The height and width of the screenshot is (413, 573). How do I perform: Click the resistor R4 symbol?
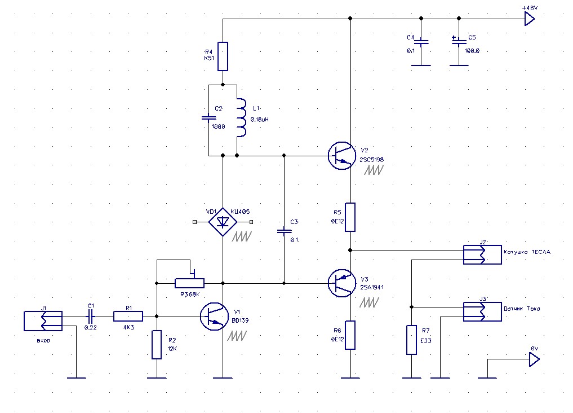223,56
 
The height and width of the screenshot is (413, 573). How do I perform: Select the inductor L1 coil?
241,118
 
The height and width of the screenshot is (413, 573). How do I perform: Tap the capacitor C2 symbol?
208,118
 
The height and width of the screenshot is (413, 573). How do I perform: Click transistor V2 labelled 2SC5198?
342,155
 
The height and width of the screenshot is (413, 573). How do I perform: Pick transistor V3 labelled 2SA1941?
342,283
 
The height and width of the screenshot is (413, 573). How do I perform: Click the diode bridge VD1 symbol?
223,222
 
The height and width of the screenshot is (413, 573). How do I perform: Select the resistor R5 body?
350,217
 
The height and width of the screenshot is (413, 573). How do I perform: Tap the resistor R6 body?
350,335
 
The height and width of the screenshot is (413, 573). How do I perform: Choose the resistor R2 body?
157,345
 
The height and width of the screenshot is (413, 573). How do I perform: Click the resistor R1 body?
128,317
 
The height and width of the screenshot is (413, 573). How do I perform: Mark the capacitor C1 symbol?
91,317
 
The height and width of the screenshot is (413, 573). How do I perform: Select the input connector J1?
43,320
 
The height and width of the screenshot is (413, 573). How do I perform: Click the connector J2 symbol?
482,254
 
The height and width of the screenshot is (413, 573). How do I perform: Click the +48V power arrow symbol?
529,19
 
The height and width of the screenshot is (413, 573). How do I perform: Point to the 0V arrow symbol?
533,359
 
